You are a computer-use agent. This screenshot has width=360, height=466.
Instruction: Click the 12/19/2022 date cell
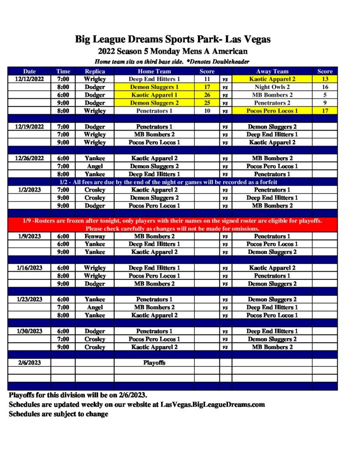pyautogui.click(x=29, y=127)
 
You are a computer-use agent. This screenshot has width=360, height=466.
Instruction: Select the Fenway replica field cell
pyautogui.click(x=95, y=236)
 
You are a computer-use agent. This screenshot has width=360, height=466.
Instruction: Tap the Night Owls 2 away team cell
pyautogui.click(x=272, y=87)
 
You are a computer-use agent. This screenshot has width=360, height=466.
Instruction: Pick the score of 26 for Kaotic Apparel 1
pyautogui.click(x=207, y=95)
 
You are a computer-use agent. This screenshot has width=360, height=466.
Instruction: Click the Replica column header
pyautogui.click(x=95, y=71)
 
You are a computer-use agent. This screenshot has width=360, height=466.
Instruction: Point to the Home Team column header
pyautogui.click(x=154, y=71)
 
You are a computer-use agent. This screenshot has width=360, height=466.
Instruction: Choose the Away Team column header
pyautogui.click(x=272, y=71)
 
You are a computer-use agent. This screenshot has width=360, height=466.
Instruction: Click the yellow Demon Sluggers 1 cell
pyautogui.click(x=154, y=87)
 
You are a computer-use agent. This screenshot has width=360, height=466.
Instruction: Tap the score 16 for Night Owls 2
pyautogui.click(x=325, y=87)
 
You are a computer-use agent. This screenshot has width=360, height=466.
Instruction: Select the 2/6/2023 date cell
pyautogui.click(x=29, y=363)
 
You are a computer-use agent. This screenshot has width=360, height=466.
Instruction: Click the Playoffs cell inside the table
pyautogui.click(x=154, y=363)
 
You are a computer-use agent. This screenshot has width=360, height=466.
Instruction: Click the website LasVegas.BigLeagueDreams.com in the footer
pyautogui.click(x=213, y=404)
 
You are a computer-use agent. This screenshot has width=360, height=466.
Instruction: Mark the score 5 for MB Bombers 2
pyautogui.click(x=325, y=95)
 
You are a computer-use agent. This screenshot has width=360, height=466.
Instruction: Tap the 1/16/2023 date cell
pyautogui.click(x=29, y=268)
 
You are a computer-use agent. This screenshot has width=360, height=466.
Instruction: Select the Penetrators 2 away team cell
pyautogui.click(x=272, y=103)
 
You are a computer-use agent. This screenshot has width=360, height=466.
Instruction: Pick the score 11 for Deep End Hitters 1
pyautogui.click(x=207, y=79)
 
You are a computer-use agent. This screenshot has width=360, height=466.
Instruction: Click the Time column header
pyautogui.click(x=63, y=71)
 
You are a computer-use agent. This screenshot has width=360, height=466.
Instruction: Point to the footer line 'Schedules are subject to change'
pyautogui.click(x=58, y=414)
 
